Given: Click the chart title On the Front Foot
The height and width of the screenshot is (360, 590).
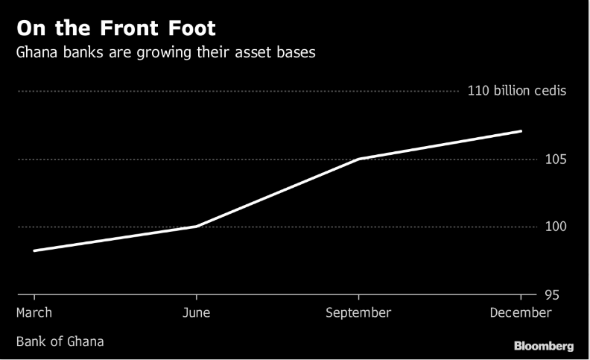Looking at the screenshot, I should point(116,29).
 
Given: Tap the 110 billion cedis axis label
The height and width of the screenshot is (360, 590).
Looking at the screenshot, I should point(517,92).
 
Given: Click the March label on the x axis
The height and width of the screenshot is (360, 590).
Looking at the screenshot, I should point(34,313).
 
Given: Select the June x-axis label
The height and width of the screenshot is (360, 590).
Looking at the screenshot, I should point(197,313).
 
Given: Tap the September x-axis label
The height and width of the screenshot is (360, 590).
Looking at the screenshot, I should point(358,313).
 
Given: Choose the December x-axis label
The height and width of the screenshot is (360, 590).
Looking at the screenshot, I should point(521,313).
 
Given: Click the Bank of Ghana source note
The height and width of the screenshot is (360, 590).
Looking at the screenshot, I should point(60,341).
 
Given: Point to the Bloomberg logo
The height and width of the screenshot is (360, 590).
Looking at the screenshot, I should point(544,347).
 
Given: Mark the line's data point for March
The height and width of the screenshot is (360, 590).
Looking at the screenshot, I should point(34,250).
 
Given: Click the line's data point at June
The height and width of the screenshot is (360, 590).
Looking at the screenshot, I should point(197,226).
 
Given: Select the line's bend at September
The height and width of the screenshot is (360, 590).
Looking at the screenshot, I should point(359,159).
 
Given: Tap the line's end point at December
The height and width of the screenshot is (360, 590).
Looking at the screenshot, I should point(521,131).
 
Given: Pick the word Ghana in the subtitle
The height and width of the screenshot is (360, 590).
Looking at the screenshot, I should point(37,54).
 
